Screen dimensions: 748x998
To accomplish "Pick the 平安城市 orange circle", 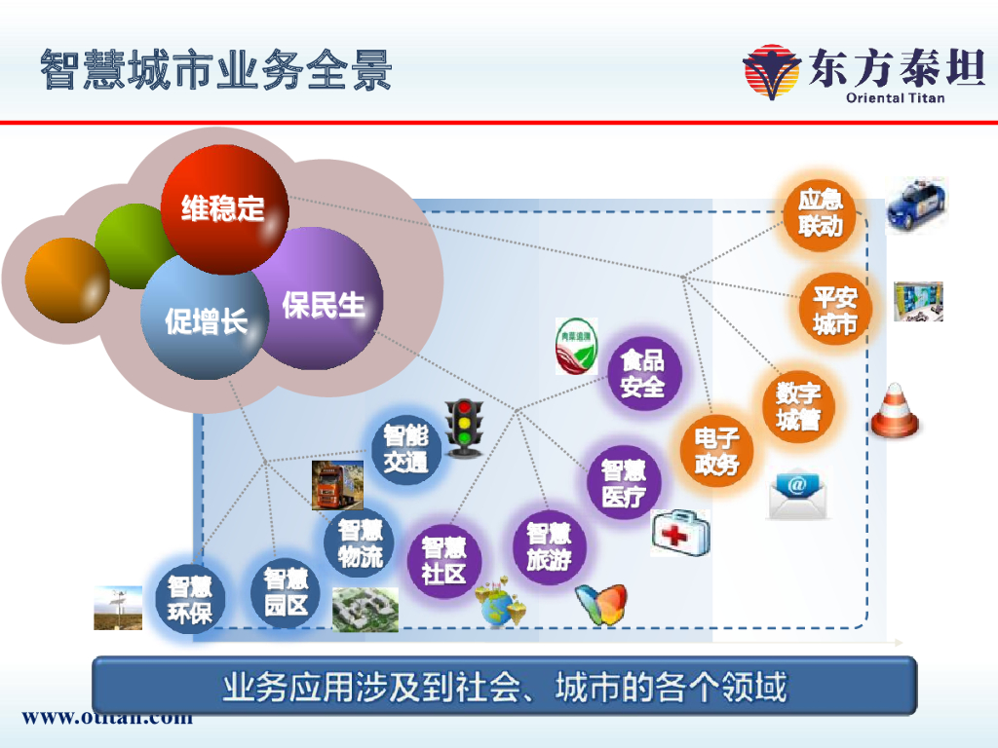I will click(834, 311).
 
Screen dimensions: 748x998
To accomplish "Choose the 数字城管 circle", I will click(798, 406).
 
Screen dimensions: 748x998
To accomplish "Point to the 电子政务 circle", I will click(716, 451).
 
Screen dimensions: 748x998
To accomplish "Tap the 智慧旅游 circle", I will click(549, 546).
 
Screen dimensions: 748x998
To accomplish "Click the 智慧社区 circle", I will click(443, 560).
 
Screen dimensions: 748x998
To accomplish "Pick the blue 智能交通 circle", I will click(405, 449).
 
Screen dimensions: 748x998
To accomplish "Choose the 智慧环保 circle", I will click(189, 599).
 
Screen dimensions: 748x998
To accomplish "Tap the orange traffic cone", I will click(894, 411).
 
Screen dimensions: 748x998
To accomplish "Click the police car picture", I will click(915, 206).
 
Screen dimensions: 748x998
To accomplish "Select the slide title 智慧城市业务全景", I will click(216, 70).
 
